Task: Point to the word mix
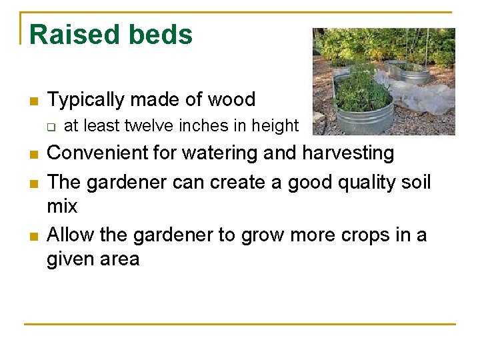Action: [62, 207]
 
